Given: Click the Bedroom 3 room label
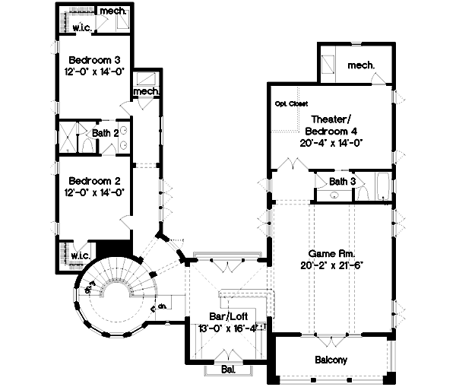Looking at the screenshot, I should tap(90, 59).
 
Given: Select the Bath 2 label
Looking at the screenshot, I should tap(103, 133).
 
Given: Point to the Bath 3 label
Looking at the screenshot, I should tap(342, 181).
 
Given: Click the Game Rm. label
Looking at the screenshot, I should tap(332, 252).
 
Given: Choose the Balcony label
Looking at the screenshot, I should tap(331, 360).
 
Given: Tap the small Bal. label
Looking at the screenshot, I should tap(227, 370).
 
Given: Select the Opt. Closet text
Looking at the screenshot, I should tap(290, 103).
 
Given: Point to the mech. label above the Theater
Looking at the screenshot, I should tap(361, 65).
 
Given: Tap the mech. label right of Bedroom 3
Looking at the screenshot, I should tap(146, 92).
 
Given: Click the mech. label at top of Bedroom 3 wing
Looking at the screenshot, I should tap(113, 12).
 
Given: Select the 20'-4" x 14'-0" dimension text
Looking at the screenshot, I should tap(331, 141).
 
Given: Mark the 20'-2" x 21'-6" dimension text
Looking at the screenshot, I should tap(332, 265).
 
